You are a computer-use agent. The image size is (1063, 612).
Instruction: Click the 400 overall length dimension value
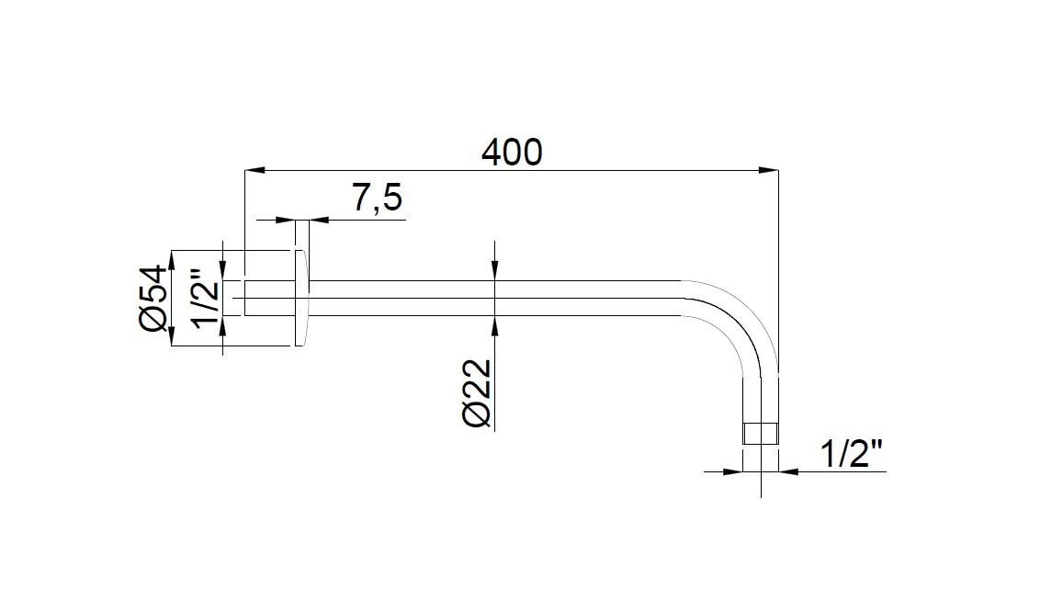point(512,152)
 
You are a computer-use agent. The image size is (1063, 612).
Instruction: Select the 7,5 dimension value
point(377,198)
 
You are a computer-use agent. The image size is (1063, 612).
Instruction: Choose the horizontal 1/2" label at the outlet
point(851,455)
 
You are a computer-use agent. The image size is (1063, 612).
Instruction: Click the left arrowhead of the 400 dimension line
point(254,170)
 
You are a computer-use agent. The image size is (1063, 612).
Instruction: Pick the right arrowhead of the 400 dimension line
point(767,170)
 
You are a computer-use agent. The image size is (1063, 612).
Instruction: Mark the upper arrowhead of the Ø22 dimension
point(494,268)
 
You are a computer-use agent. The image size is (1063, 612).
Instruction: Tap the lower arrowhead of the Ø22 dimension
point(494,326)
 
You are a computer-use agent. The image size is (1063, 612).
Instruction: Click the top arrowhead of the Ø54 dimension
point(171,259)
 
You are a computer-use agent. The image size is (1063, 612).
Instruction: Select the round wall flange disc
point(300,298)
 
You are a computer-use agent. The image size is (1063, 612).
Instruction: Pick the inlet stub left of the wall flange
point(267,298)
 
